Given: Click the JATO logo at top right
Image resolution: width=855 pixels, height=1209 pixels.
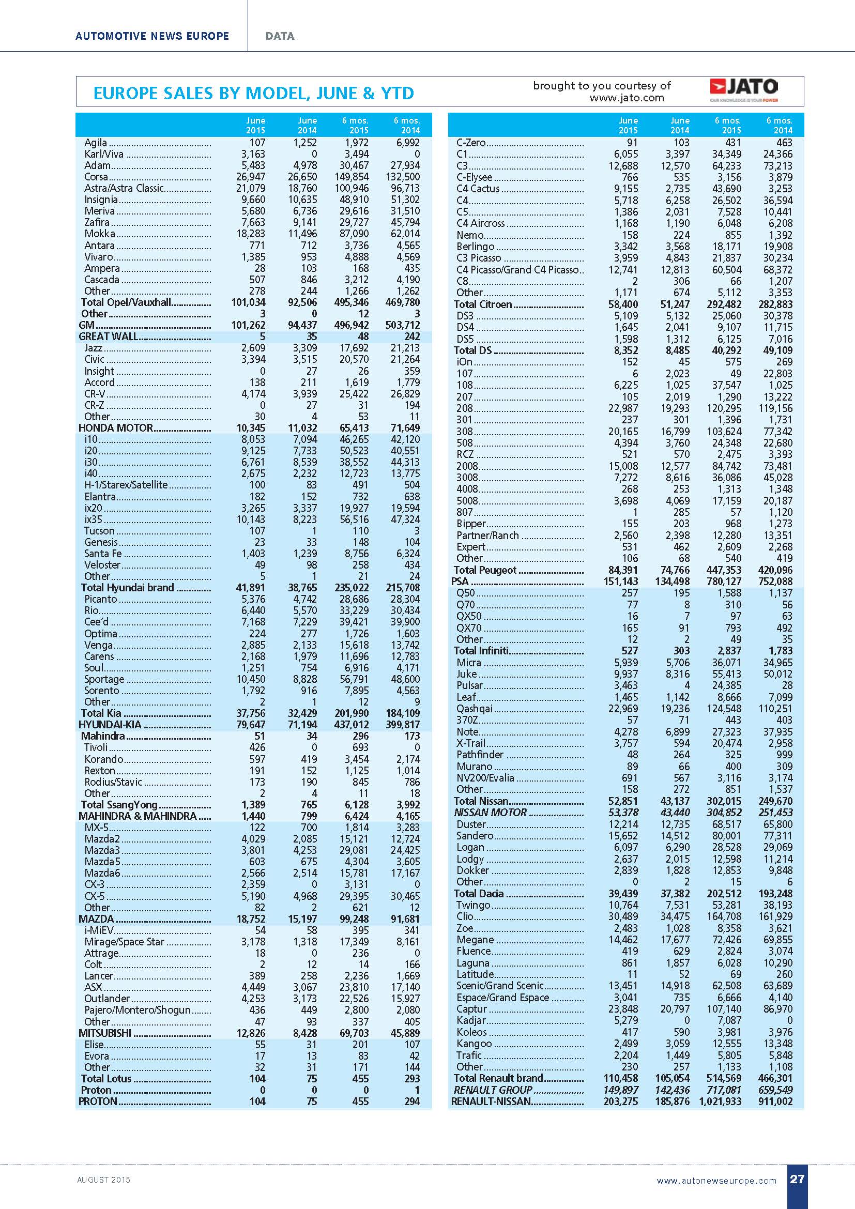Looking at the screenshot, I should pos(743,90).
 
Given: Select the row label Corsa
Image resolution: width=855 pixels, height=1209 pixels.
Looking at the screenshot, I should pos(96,177).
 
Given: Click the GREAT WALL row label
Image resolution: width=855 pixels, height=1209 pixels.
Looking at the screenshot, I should pos(109,336).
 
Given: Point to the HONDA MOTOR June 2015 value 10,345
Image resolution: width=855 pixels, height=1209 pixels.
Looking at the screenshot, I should pos(249,428).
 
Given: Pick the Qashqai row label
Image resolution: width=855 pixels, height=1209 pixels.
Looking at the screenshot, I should pos(475,708).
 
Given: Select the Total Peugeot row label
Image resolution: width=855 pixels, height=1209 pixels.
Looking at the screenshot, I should pos(485,570).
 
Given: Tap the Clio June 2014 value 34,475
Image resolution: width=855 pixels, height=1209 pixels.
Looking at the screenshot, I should pos(675,916).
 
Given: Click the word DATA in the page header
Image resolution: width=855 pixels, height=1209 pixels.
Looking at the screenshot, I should pos(280,36).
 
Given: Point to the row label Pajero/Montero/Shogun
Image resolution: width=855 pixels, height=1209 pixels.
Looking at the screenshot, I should pos(137,1010).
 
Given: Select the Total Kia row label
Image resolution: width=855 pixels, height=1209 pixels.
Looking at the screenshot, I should pos(101,713).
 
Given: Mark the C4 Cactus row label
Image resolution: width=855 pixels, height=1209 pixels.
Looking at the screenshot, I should pos(478,189).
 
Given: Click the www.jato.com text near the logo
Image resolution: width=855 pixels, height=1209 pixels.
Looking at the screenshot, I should pos(627,98).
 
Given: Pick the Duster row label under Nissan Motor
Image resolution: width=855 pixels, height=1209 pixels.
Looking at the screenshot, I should pos(471,824).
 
